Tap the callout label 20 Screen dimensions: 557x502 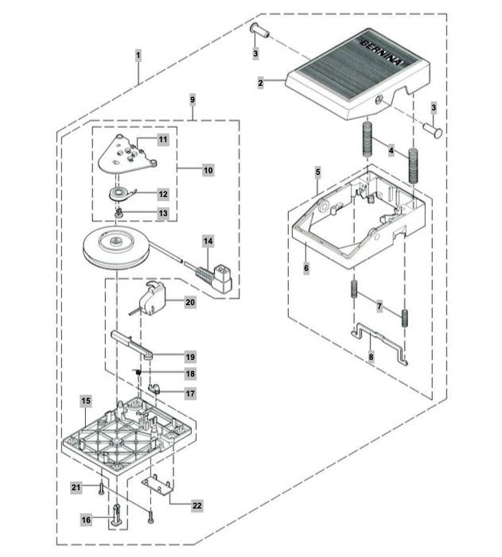point(190,303)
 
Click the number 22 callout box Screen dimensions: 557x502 point(197,505)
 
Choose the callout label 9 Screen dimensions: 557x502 point(192,100)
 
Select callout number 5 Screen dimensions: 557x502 point(317,172)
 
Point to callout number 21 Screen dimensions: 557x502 point(76,487)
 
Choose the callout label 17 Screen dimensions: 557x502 point(190,393)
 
